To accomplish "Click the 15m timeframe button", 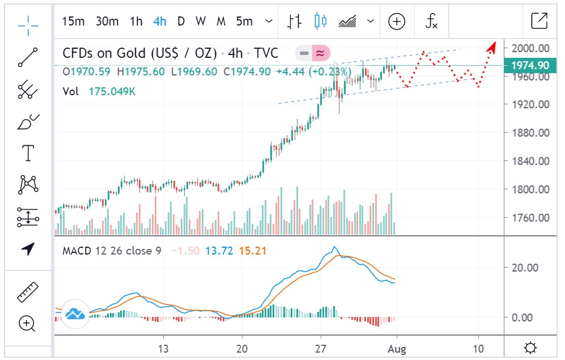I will (x=73, y=22).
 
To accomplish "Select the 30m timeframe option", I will (x=107, y=22).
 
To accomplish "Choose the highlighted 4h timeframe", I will (x=160, y=22).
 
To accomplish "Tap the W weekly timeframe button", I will (x=201, y=22).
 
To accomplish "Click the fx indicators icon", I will (x=432, y=22).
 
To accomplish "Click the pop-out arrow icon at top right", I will (x=539, y=21).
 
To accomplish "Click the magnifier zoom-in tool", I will (x=27, y=323).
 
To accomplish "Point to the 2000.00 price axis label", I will (x=530, y=48).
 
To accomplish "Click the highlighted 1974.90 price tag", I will (x=530, y=65).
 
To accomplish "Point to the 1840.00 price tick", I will (x=530, y=161).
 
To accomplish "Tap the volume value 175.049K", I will (x=112, y=91).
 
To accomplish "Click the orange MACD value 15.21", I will (x=253, y=251).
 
